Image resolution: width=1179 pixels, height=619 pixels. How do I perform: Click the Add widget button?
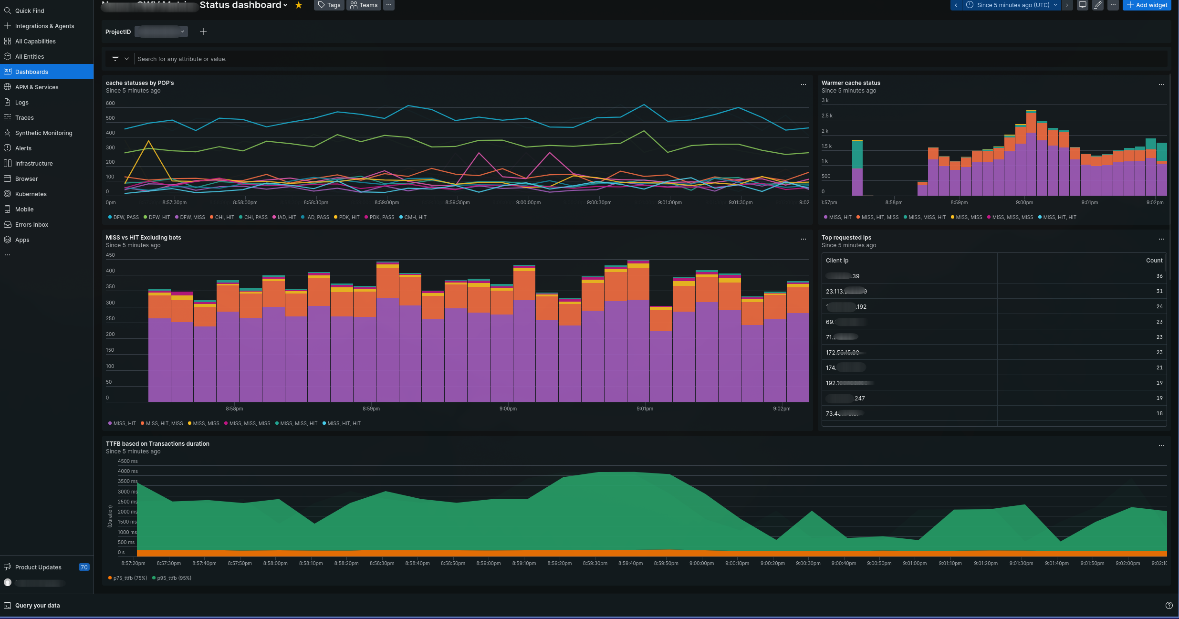point(1147,5)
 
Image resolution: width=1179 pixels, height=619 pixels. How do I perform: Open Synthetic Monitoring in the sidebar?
point(43,133)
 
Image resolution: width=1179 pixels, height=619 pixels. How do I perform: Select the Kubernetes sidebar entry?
point(31,194)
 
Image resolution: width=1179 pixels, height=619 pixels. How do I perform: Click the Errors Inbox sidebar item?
point(31,225)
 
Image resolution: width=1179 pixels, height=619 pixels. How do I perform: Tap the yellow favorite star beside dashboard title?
point(299,5)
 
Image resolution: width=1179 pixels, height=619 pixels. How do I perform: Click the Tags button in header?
point(329,5)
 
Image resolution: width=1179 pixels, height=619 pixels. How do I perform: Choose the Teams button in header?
point(364,5)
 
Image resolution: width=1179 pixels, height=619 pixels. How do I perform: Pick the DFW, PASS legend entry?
point(125,218)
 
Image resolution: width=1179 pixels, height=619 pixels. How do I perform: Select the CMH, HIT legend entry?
point(415,218)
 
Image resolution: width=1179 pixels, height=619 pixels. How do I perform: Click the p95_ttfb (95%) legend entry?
point(174,578)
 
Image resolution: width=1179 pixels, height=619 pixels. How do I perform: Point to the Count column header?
point(1154,261)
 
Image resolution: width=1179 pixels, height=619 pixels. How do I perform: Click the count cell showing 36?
point(1159,276)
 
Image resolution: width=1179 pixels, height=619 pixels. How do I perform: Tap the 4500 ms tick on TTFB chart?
point(127,462)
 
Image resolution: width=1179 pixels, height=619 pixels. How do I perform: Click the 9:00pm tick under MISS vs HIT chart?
point(508,409)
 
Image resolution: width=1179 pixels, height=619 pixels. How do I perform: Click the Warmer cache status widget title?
point(851,83)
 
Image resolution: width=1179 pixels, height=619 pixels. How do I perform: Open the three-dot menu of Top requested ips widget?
point(1161,239)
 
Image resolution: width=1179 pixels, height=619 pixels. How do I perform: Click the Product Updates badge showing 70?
point(84,567)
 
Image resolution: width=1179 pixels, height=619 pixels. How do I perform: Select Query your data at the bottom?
point(37,606)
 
